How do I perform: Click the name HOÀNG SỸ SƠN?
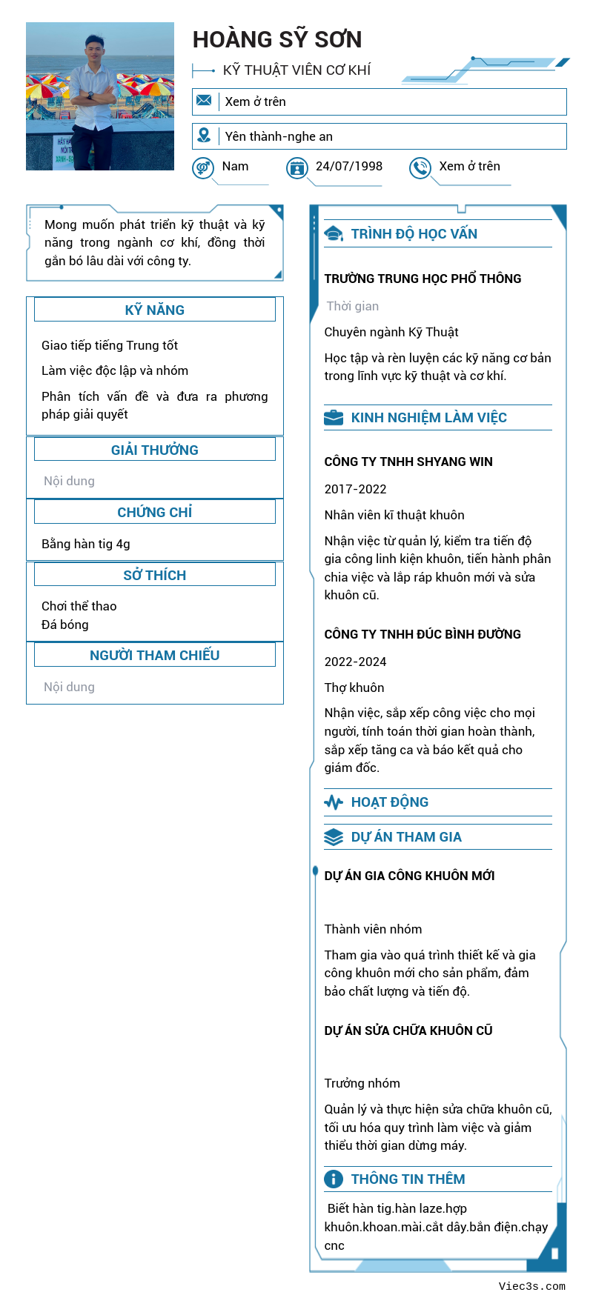click(277, 39)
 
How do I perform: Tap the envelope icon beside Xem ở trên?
click(204, 101)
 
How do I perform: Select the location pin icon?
click(204, 136)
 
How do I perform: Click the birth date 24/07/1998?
click(349, 166)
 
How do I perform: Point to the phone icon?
click(420, 168)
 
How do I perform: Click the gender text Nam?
click(235, 166)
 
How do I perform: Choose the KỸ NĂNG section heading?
click(154, 310)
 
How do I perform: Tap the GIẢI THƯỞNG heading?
click(154, 450)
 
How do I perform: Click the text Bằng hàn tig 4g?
click(86, 544)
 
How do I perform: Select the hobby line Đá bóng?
click(65, 625)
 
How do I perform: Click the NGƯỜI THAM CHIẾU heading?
click(154, 655)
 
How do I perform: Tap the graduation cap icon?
click(334, 234)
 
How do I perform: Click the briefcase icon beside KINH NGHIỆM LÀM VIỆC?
click(334, 418)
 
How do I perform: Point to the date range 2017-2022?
click(356, 489)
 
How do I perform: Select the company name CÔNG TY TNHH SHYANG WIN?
click(408, 462)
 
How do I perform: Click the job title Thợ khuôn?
click(354, 688)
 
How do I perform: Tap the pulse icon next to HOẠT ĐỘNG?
click(334, 802)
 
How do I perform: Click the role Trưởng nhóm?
click(362, 1083)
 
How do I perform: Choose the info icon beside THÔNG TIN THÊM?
click(334, 1179)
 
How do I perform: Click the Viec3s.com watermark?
click(531, 1286)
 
